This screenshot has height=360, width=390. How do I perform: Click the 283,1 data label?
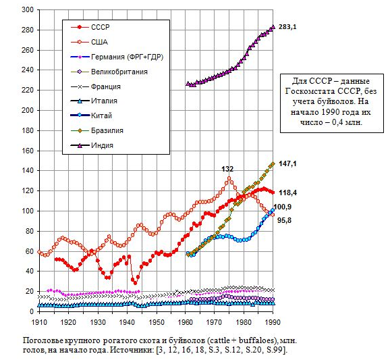(287, 27)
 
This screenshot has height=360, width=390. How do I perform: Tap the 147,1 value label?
(287, 164)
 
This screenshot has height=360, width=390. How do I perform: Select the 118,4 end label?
(287, 192)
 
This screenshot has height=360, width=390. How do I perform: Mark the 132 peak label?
(227, 170)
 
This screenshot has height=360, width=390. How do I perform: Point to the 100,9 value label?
(283, 207)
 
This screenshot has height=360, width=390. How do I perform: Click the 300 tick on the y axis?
(28, 10)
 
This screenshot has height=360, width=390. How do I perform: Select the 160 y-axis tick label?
(28, 151)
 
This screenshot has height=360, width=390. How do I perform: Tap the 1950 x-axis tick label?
(157, 322)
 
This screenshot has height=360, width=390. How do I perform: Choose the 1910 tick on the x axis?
(39, 322)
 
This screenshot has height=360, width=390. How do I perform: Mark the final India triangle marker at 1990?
(273, 27)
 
